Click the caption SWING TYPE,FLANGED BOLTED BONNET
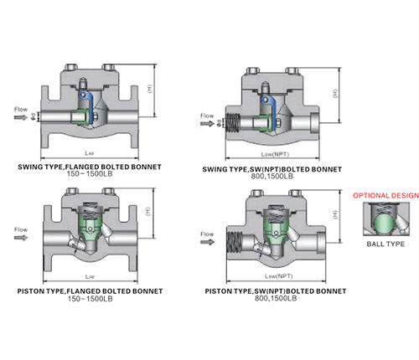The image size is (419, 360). (90, 167)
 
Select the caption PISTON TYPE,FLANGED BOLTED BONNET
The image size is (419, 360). (90, 291)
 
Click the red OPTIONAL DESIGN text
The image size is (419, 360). (385, 195)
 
